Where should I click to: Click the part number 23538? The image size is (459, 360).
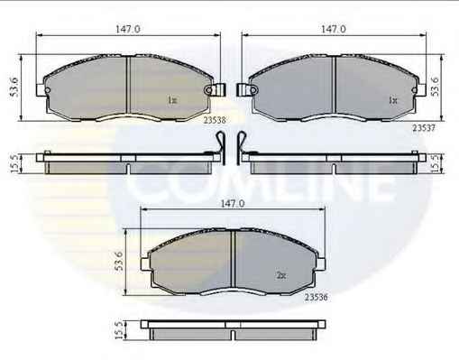click(215, 120)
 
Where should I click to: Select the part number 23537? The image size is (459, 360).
click(424, 128)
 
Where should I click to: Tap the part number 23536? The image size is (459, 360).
click(317, 297)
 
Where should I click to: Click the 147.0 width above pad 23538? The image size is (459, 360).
click(128, 29)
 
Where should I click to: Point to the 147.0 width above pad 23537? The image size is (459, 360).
click(334, 29)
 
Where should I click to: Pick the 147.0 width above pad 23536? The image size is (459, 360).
click(233, 204)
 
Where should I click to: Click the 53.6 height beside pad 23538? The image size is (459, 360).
click(14, 87)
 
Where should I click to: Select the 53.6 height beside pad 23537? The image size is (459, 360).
click(435, 87)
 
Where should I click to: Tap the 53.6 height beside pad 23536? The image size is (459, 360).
click(119, 261)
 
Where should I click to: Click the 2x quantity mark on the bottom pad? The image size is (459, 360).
click(281, 275)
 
